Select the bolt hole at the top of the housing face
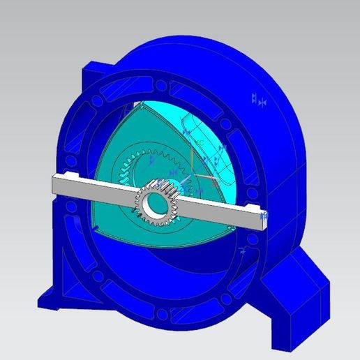point(162,85)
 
